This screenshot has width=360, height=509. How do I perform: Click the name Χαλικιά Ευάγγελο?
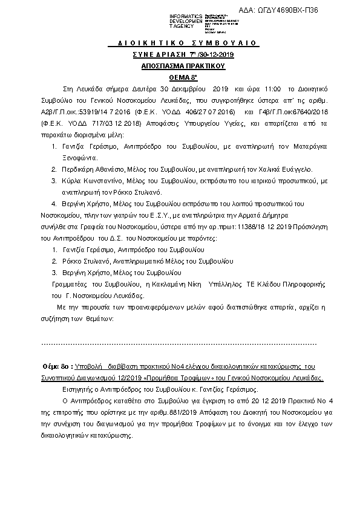click(x=289, y=170)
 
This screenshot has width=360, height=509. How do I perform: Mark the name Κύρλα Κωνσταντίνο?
click(x=96, y=181)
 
